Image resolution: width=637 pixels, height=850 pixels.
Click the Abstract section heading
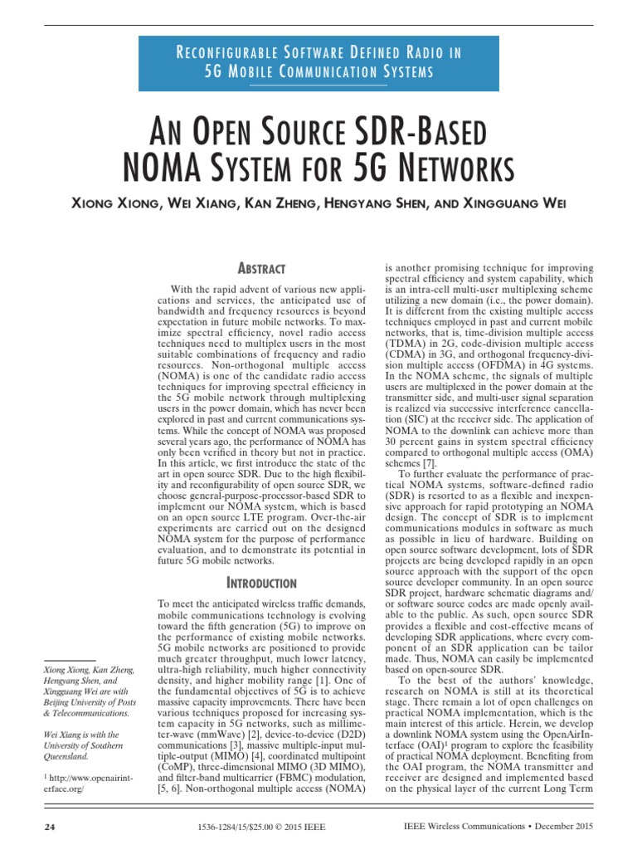(262, 268)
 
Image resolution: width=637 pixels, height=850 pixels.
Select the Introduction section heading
(262, 584)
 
